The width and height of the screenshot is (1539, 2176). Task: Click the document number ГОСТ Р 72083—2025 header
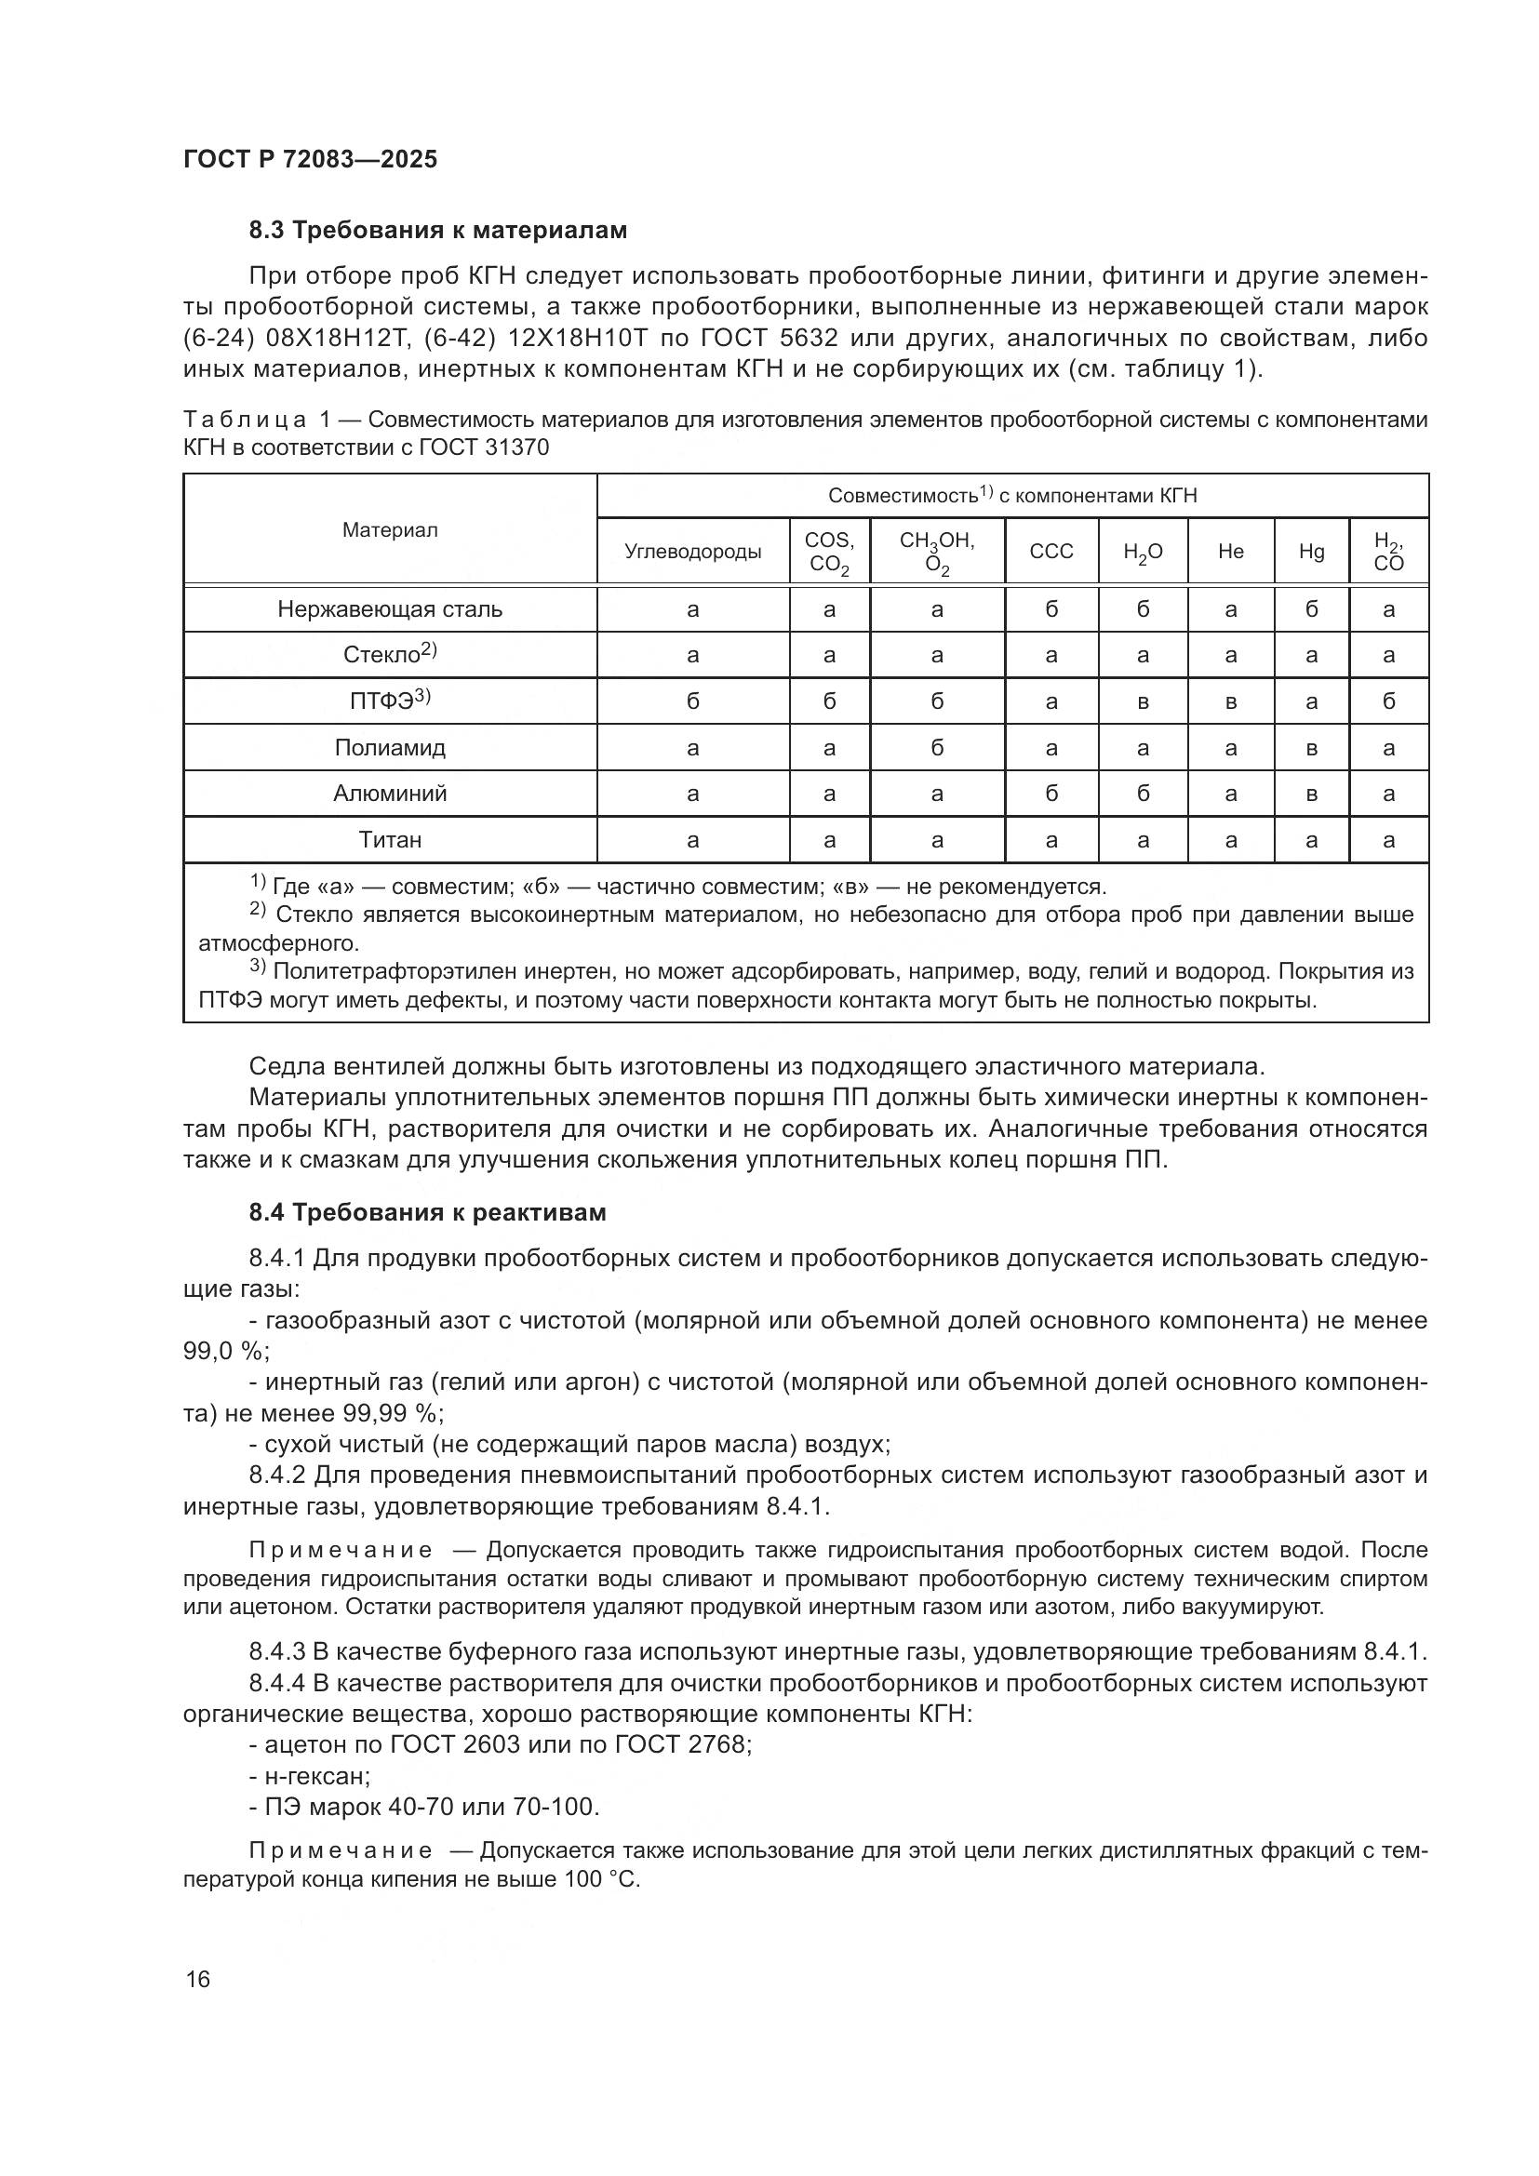(x=310, y=159)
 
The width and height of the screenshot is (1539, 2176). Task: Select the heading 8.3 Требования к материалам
(x=438, y=231)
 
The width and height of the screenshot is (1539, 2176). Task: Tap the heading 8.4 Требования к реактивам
(x=427, y=1212)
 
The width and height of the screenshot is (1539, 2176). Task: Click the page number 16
(x=198, y=1979)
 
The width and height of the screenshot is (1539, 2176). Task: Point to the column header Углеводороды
(x=693, y=552)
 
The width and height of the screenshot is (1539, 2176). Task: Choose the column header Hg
(x=1312, y=552)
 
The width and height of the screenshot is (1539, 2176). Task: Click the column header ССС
(x=1051, y=552)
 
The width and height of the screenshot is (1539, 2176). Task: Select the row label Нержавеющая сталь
(x=390, y=609)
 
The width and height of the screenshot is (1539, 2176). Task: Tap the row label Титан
(x=390, y=840)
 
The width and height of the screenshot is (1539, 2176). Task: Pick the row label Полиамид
(x=390, y=748)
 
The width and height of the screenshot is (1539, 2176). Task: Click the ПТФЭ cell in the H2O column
(x=1143, y=702)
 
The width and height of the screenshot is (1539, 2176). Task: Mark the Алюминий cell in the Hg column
(x=1312, y=794)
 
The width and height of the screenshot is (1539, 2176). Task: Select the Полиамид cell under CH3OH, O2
(x=936, y=748)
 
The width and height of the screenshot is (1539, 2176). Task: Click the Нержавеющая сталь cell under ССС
(x=1051, y=609)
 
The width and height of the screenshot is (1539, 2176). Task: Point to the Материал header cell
(x=390, y=529)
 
